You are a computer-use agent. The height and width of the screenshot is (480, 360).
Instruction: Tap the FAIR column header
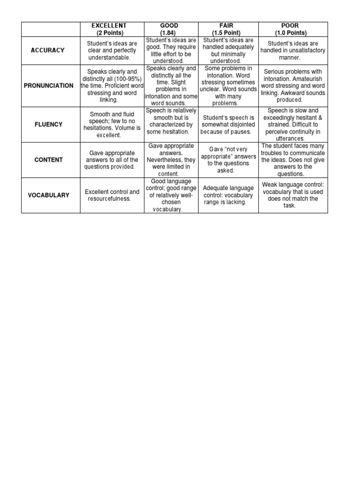coord(228,29)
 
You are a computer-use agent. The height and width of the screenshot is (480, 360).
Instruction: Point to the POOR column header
coord(293,29)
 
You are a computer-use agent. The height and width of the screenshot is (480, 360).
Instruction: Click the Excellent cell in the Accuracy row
coord(112,50)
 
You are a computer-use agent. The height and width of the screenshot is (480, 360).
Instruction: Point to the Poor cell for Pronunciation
coord(293,86)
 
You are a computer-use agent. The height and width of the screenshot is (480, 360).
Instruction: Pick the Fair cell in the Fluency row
coord(228,125)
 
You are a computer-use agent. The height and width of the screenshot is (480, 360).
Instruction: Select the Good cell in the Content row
coord(172,160)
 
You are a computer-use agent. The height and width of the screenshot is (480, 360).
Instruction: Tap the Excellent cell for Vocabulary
coord(112,195)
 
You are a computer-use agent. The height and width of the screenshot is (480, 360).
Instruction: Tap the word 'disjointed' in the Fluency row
coord(240,125)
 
